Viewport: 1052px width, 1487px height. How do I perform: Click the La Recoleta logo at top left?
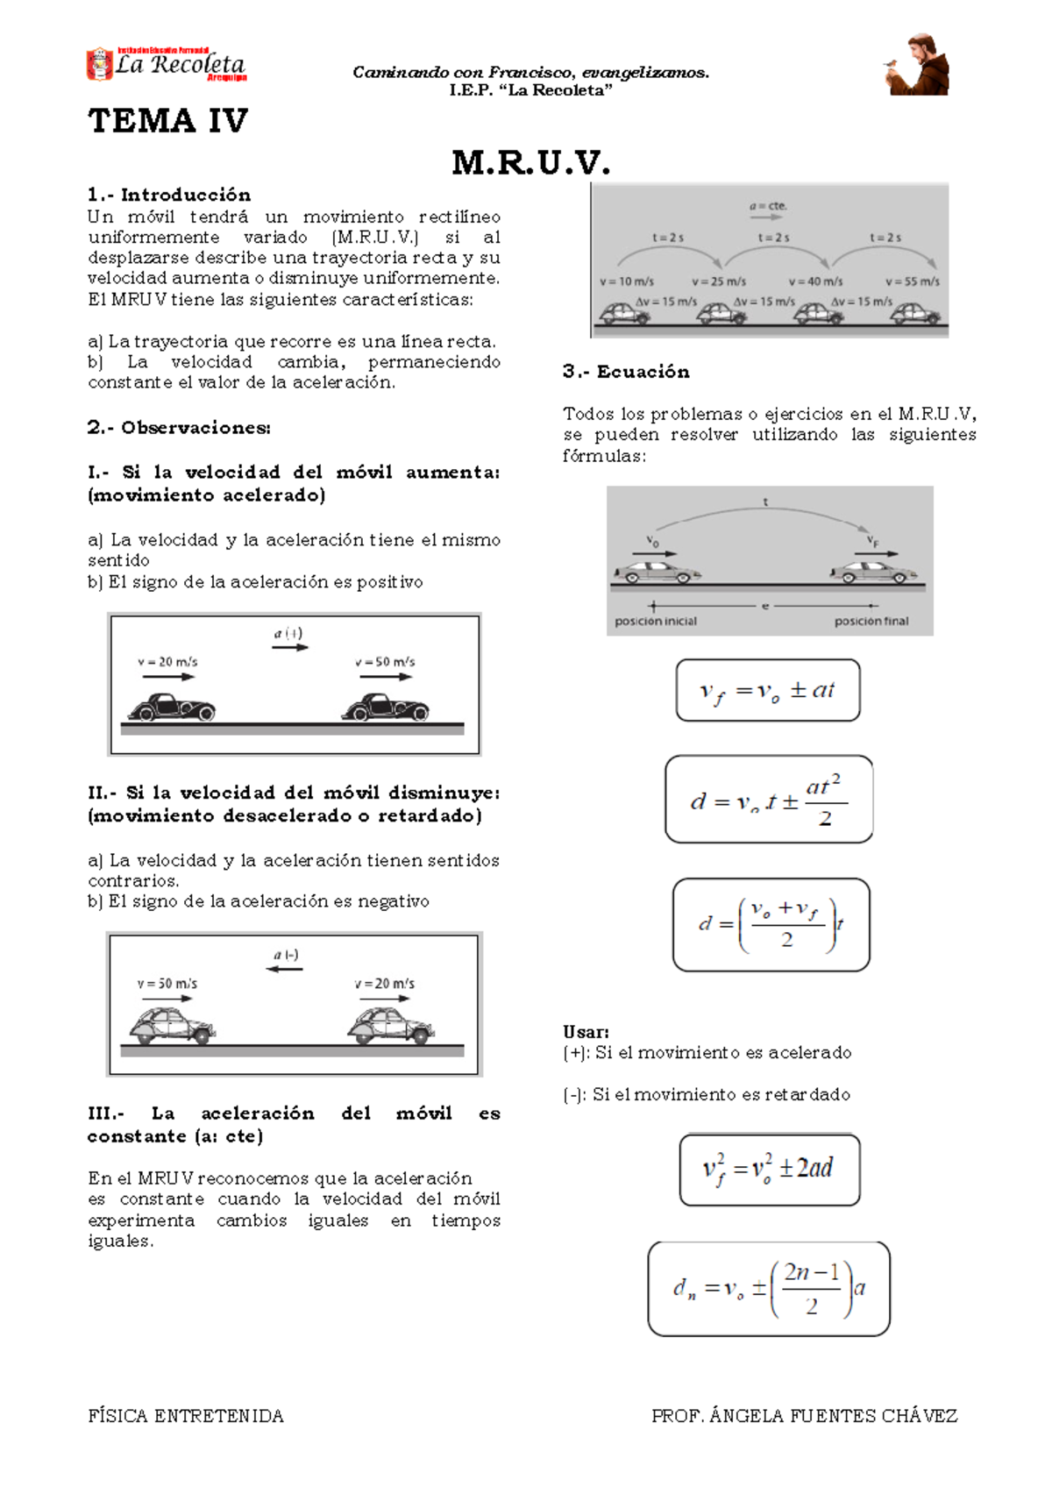[166, 64]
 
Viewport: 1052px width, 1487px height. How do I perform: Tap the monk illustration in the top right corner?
[917, 66]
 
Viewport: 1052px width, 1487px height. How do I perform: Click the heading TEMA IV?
[167, 121]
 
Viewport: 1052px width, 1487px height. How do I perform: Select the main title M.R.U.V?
[530, 163]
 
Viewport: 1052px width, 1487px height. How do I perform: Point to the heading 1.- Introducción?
[169, 195]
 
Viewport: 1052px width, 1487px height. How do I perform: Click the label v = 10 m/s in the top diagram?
[627, 281]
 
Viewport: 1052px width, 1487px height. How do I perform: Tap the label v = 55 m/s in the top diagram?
[912, 281]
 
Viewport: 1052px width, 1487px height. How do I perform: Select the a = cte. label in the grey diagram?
[768, 207]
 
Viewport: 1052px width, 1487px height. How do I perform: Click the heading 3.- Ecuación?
[626, 372]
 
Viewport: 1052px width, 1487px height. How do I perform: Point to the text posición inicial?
[656, 621]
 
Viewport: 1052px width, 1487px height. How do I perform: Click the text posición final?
[871, 621]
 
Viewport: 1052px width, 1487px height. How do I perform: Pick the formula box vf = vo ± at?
[767, 691]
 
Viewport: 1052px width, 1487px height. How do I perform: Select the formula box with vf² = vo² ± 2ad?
[769, 1170]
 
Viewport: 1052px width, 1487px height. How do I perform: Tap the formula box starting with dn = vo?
[769, 1288]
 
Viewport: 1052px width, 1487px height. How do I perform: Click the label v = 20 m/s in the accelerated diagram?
[167, 662]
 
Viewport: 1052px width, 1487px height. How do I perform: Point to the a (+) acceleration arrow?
[289, 647]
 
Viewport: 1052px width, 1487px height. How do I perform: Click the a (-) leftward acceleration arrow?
[285, 968]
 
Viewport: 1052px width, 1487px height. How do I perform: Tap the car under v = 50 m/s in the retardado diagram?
[172, 1026]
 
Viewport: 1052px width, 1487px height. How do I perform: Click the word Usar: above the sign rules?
[586, 1032]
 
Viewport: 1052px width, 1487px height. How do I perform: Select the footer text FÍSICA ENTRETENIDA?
[186, 1416]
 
